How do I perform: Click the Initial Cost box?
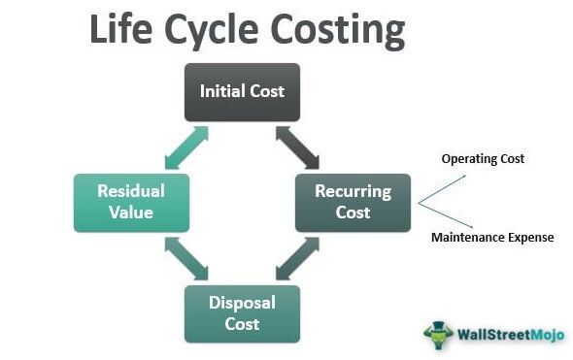tap(242, 92)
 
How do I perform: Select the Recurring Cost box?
tap(353, 202)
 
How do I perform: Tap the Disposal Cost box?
tap(242, 312)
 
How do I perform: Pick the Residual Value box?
tap(131, 202)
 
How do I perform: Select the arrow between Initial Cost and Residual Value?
tap(185, 147)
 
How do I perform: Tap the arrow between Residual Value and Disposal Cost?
tap(185, 258)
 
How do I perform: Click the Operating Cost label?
tap(483, 158)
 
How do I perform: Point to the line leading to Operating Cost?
tap(441, 189)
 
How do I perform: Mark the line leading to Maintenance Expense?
tap(442, 216)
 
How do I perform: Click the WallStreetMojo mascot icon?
tap(439, 335)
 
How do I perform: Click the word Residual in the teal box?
tap(131, 191)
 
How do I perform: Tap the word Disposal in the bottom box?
tap(242, 302)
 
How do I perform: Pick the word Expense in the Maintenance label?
tap(530, 237)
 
